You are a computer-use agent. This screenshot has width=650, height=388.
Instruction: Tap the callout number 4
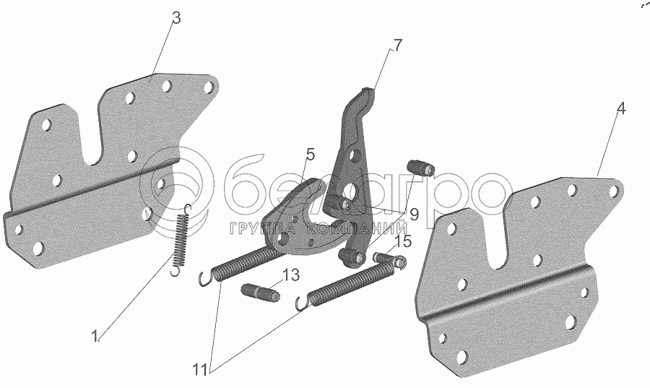pos(620,109)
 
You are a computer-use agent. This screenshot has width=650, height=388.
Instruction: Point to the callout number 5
pos(310,154)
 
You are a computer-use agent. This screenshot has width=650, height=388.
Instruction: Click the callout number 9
pos(414,214)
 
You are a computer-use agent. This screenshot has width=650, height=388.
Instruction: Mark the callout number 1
pos(95,335)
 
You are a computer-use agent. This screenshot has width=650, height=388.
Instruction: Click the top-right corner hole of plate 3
pos(209,87)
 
